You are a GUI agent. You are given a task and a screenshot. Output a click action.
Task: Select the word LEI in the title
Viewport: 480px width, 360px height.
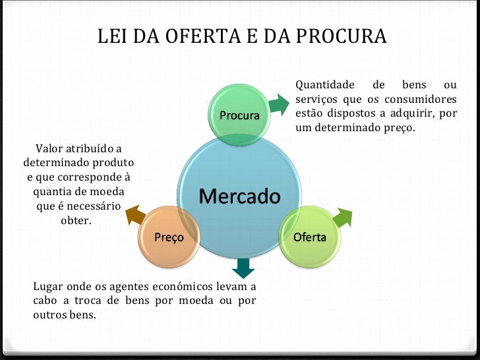pyautogui.click(x=113, y=37)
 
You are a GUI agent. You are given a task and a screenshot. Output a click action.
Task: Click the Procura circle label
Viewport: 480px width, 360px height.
pyautogui.click(x=239, y=115)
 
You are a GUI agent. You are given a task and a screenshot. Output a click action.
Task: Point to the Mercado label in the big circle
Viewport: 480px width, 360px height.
pyautogui.click(x=239, y=196)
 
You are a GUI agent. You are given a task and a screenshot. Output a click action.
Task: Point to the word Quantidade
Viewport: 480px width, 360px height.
pyautogui.click(x=324, y=86)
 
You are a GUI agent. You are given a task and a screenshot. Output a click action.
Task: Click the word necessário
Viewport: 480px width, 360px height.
pyautogui.click(x=92, y=206)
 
